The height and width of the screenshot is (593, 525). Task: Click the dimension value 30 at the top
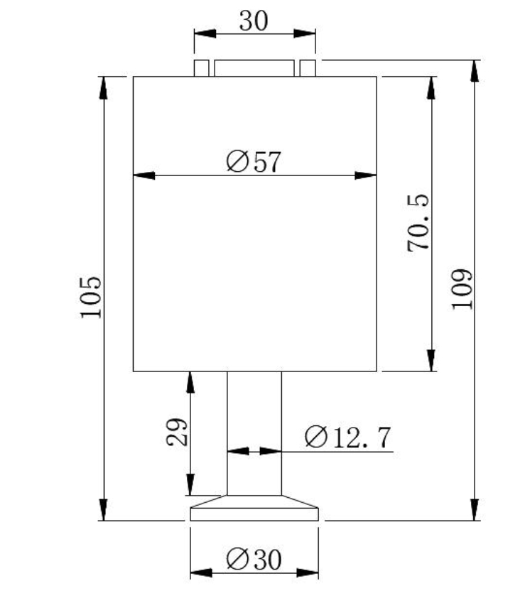click(x=254, y=21)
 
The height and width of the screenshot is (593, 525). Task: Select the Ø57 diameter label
click(x=254, y=162)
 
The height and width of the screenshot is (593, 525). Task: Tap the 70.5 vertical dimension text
click(x=418, y=223)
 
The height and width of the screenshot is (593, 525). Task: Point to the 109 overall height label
click(x=462, y=288)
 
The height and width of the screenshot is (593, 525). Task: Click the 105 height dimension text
click(x=90, y=298)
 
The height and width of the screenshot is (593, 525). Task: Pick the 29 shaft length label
click(x=177, y=432)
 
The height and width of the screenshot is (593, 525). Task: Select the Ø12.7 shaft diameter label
click(x=347, y=437)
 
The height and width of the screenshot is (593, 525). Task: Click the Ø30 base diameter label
click(x=254, y=560)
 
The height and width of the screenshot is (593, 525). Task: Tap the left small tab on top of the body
click(x=201, y=68)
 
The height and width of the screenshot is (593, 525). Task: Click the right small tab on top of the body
click(x=308, y=68)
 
